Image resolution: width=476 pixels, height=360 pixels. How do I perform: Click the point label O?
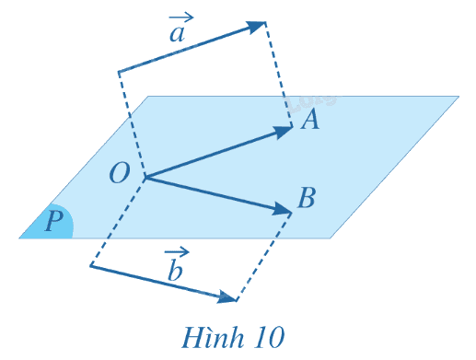pyautogui.click(x=120, y=173)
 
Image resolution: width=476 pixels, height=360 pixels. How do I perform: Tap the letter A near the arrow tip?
pyautogui.click(x=310, y=120)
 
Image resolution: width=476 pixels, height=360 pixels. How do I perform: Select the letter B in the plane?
pyautogui.click(x=307, y=198)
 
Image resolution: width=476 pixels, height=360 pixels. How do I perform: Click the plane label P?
pyautogui.click(x=54, y=221)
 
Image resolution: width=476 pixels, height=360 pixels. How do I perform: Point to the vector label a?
pyautogui.click(x=178, y=34)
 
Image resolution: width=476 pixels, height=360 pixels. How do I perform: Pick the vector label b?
pyautogui.click(x=175, y=271)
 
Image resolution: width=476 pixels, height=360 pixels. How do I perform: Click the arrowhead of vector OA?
pyautogui.click(x=283, y=132)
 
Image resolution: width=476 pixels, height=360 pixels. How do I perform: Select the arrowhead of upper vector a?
pyautogui.click(x=256, y=27)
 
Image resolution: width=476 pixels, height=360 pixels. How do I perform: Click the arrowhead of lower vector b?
pyautogui.click(x=226, y=297)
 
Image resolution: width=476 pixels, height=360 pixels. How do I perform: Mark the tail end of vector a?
pyautogui.click(x=119, y=72)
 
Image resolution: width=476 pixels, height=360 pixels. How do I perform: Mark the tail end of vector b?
pyautogui.click(x=91, y=265)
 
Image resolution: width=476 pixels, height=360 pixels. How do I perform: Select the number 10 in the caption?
pyautogui.click(x=269, y=338)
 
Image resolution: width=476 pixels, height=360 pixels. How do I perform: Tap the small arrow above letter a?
pyautogui.click(x=181, y=17)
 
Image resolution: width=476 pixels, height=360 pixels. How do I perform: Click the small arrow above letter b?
pyautogui.click(x=177, y=252)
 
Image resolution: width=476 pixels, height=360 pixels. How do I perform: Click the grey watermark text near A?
pyautogui.click(x=311, y=103)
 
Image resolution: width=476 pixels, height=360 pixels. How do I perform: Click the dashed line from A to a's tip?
pyautogui.click(x=278, y=75)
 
